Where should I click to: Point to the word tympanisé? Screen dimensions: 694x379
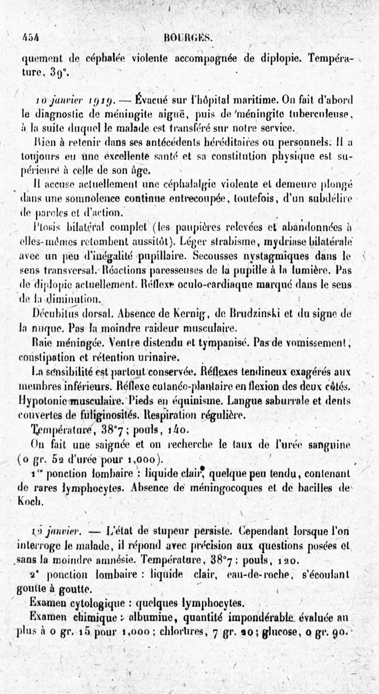click(x=214, y=342)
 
